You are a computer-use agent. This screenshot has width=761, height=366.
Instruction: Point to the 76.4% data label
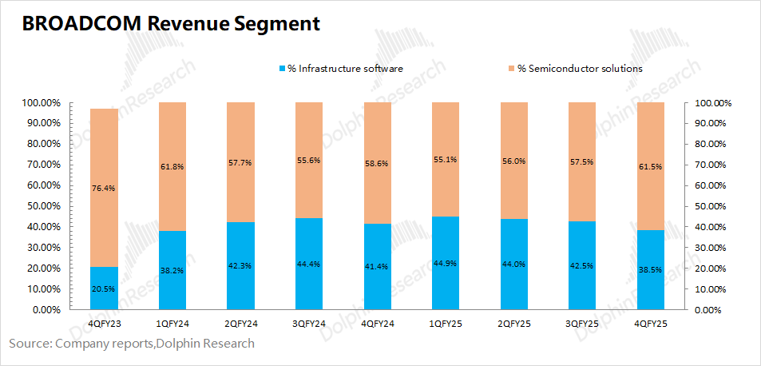[x=104, y=189]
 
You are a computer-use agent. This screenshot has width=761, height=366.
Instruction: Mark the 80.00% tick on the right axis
[x=713, y=145]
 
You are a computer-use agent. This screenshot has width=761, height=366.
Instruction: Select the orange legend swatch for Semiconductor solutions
[x=511, y=69]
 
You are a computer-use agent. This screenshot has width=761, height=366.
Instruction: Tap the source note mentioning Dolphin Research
[x=132, y=344]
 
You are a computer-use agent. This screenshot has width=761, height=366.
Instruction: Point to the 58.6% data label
[x=377, y=184]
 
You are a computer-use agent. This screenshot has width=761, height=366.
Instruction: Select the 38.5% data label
[x=650, y=270]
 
